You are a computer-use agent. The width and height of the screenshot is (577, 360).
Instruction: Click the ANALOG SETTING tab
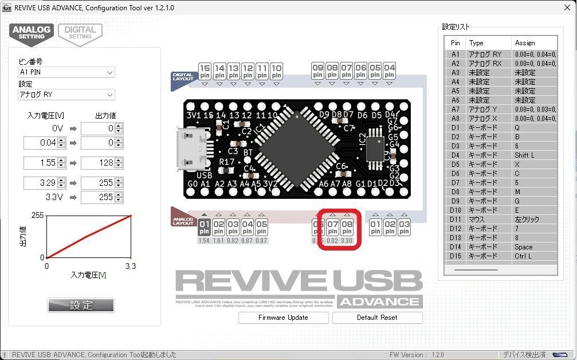[x=32, y=33]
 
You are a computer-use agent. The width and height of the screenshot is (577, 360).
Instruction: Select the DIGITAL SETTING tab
[x=80, y=33]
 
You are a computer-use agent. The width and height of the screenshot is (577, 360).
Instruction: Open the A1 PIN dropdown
[x=66, y=73]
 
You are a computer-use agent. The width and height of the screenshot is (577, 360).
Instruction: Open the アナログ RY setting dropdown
[x=66, y=95]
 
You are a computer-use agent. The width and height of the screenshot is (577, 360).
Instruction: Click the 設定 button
[x=81, y=305]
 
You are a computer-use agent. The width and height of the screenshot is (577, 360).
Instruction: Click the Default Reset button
[x=377, y=318]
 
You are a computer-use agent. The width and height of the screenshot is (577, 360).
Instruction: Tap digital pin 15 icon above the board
[x=205, y=71]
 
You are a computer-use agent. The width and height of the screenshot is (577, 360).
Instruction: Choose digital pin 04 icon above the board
[x=390, y=71]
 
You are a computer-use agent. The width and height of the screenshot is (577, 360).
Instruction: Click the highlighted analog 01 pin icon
[x=205, y=226]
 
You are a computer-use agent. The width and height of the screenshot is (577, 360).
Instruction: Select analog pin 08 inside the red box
[x=347, y=226]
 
